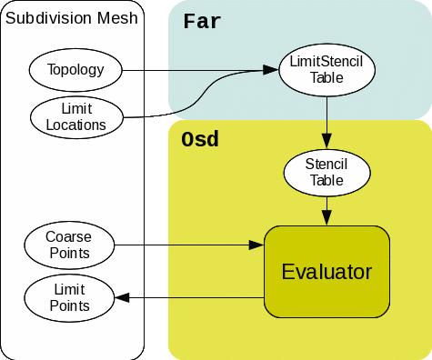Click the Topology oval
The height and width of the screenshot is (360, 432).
pos(75,69)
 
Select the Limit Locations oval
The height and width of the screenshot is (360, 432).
pos(75,116)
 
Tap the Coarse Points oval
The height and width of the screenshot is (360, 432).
pos(68,244)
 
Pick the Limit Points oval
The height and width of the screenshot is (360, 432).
pos(69,297)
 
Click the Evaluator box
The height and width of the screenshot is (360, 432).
pos(327,272)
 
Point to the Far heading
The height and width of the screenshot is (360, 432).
pos(202,21)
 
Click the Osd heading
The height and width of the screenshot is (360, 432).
pos(200,141)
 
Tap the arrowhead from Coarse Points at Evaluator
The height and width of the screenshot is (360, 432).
pos(256,245)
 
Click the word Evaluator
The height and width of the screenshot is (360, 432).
pos(327,272)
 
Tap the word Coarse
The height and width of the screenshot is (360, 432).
pos(68,236)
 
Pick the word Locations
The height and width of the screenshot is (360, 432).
pos(75,125)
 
